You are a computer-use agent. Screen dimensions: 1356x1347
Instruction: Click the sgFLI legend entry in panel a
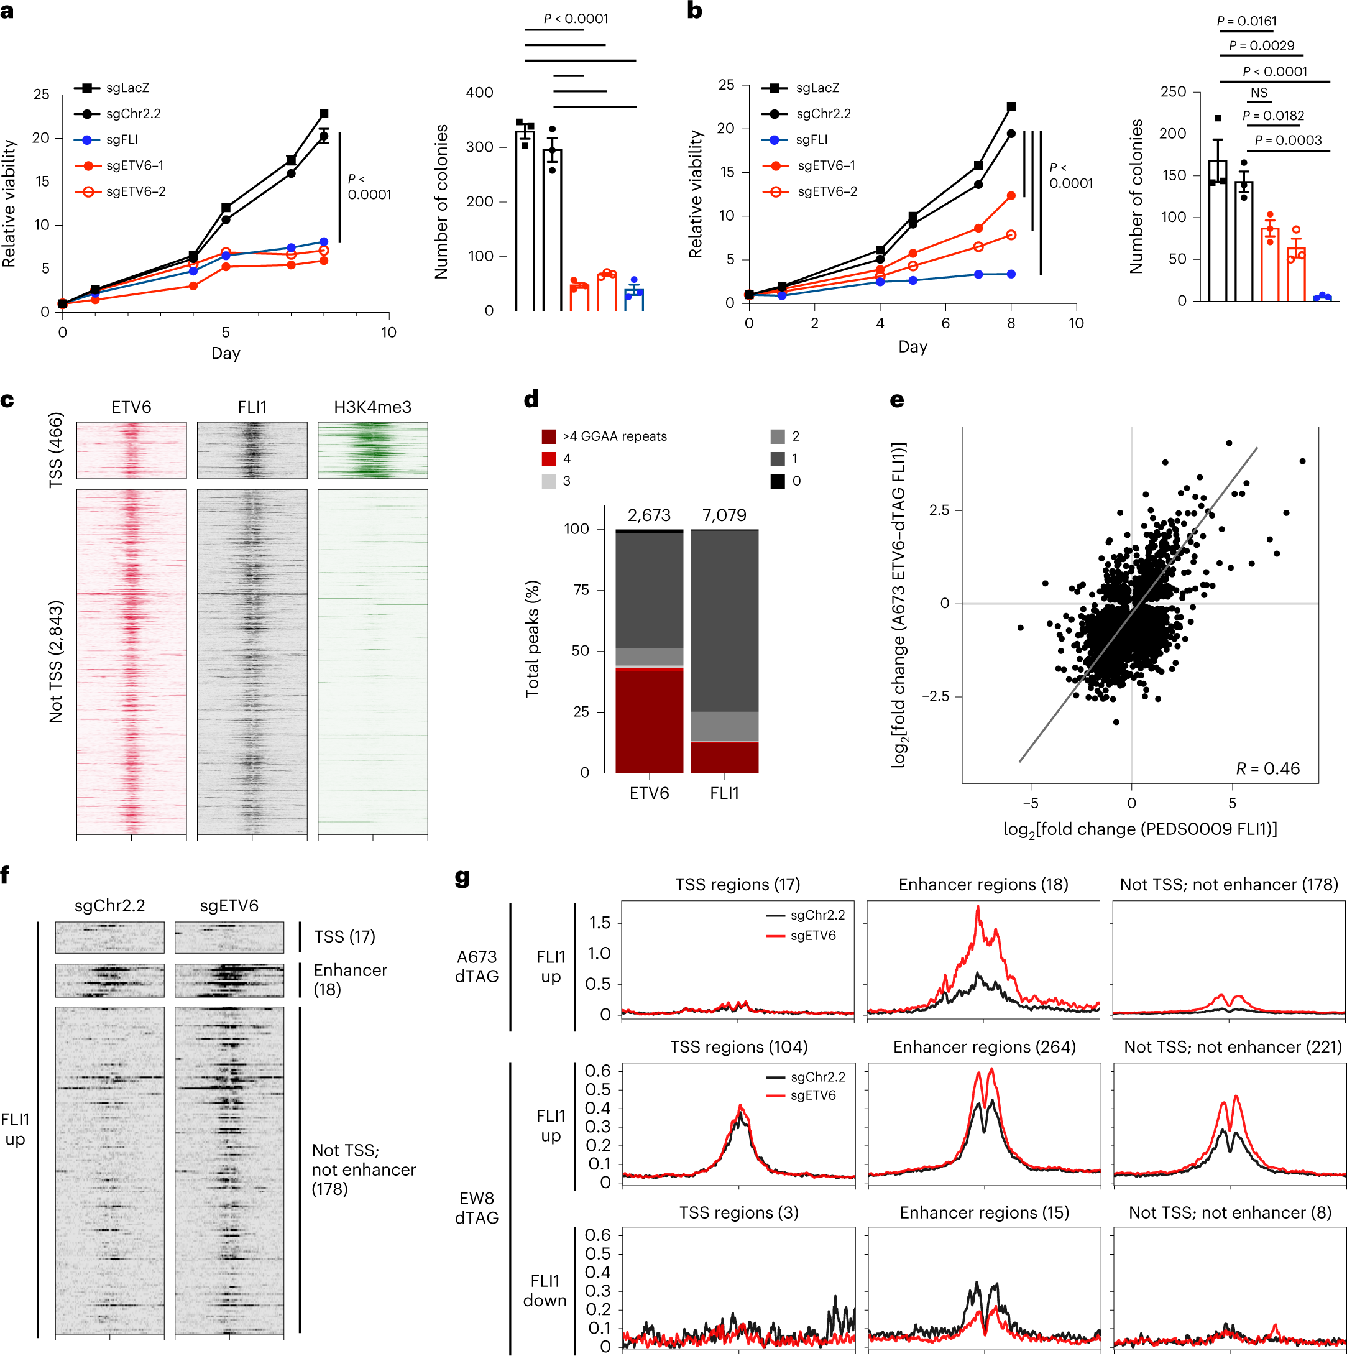pyautogui.click(x=121, y=140)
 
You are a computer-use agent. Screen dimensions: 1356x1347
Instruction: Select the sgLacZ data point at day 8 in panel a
pyautogui.click(x=323, y=114)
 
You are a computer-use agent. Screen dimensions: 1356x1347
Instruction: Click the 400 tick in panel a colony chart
pyautogui.click(x=480, y=93)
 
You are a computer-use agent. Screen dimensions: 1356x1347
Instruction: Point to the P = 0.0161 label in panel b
pyautogui.click(x=1247, y=21)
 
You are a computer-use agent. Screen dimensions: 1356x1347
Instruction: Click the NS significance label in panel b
pyautogui.click(x=1259, y=93)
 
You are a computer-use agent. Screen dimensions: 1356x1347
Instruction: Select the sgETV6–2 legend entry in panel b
pyautogui.click(x=827, y=191)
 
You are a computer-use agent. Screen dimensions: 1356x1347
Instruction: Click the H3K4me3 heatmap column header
pyautogui.click(x=372, y=407)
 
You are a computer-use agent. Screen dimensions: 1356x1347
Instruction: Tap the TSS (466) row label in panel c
pyautogui.click(x=56, y=450)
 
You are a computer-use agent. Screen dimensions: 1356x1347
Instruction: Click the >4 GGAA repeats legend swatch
pyautogui.click(x=549, y=436)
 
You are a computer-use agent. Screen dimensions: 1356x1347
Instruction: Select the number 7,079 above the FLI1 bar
pyautogui.click(x=724, y=515)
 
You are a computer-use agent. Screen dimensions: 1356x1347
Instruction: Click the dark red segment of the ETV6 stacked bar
pyautogui.click(x=649, y=723)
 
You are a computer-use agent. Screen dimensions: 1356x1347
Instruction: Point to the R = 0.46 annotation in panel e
pyautogui.click(x=1267, y=768)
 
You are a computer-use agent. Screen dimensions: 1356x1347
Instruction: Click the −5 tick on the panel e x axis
pyautogui.click(x=1031, y=803)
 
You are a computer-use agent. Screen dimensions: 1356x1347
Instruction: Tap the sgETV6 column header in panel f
pyautogui.click(x=229, y=906)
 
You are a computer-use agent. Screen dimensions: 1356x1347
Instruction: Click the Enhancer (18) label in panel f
pyautogui.click(x=350, y=980)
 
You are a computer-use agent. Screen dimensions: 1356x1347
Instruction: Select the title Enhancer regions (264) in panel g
pyautogui.click(x=983, y=1047)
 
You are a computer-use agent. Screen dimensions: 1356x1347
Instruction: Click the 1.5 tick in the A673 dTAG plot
pyautogui.click(x=599, y=922)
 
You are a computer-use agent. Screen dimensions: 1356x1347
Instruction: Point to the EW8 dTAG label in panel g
pyautogui.click(x=476, y=1208)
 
